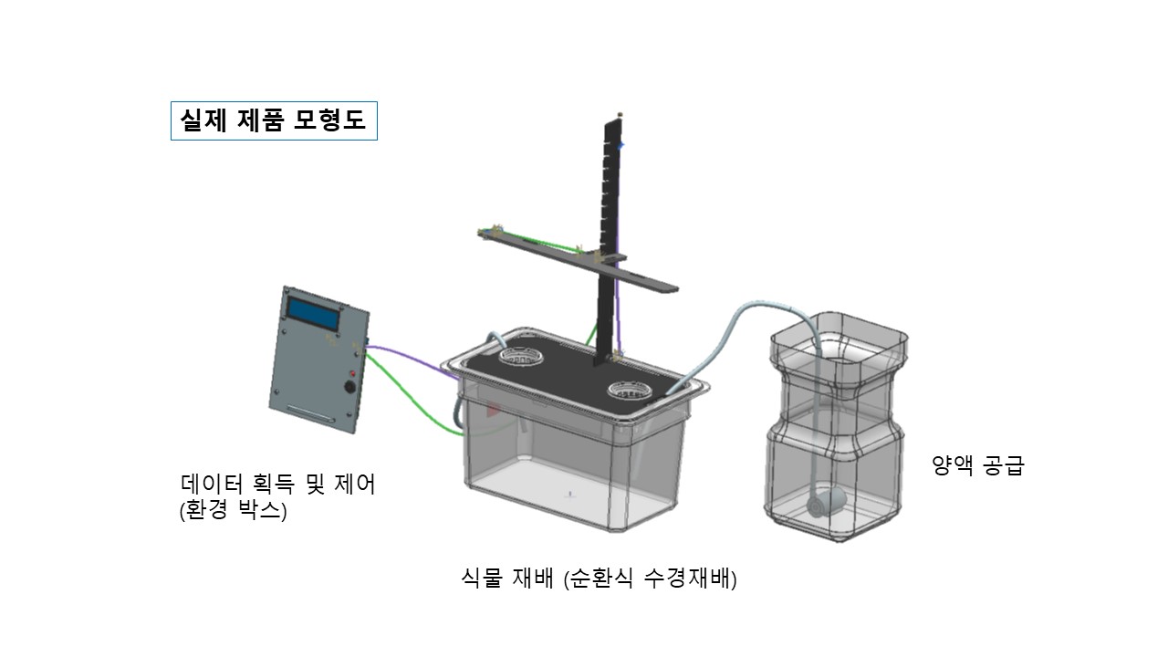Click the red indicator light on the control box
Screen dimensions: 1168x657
pos(351,374)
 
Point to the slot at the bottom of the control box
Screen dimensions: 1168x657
pos(312,412)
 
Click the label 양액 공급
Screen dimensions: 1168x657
pos(978,465)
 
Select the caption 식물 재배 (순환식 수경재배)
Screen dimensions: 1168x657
pos(600,579)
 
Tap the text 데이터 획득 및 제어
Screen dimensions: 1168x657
pos(278,484)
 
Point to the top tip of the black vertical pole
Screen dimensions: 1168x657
pos(620,114)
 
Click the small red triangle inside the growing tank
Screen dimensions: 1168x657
pos(494,410)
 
